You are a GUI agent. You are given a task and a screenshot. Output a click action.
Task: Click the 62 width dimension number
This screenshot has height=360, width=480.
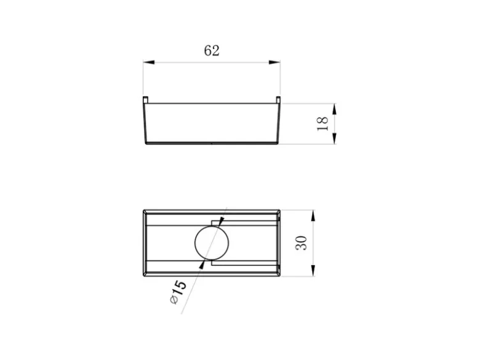pos(212,50)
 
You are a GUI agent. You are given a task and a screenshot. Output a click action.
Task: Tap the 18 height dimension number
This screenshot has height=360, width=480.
pos(322,124)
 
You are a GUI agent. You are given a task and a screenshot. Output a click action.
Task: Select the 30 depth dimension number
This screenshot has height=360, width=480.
pos(301,243)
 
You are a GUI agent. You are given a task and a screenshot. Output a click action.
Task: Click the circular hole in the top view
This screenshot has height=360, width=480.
pos(212,242)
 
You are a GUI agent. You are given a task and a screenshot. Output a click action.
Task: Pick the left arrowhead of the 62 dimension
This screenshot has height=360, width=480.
pos(149,62)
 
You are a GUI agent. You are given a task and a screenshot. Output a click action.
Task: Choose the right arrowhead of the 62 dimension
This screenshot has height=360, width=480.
pos(274,62)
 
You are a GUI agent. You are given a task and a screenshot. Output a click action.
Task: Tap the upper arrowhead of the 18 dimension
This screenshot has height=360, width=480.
pos(334,109)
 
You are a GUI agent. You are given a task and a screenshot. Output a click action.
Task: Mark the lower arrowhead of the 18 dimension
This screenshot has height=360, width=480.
pos(334,138)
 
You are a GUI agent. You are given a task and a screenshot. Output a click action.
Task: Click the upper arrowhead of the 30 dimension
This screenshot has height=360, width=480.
pos(313,216)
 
